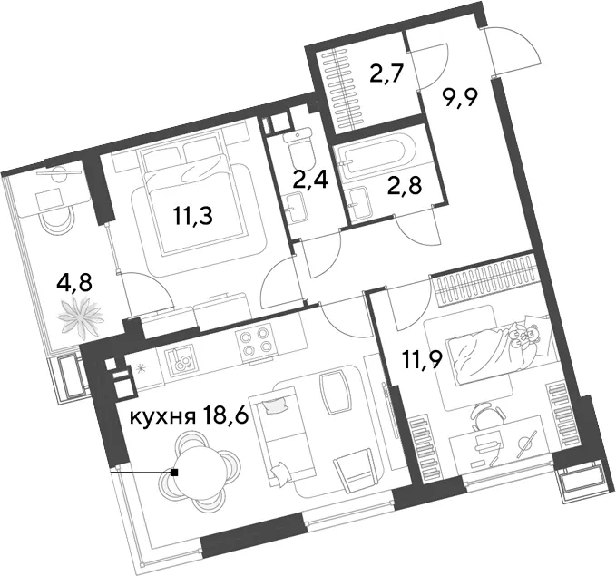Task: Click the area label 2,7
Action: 387,73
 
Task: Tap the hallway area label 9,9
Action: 461,97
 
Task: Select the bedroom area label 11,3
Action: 193,216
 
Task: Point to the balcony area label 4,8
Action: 74,282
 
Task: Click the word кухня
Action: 162,417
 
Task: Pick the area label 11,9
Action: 423,359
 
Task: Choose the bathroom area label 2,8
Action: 405,185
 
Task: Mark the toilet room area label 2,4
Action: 310,181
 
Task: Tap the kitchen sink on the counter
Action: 181,359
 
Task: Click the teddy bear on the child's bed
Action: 524,335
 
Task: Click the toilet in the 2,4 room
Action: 301,151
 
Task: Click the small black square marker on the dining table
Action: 174,473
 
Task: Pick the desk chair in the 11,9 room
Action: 489,415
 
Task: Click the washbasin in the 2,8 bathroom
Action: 359,202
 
